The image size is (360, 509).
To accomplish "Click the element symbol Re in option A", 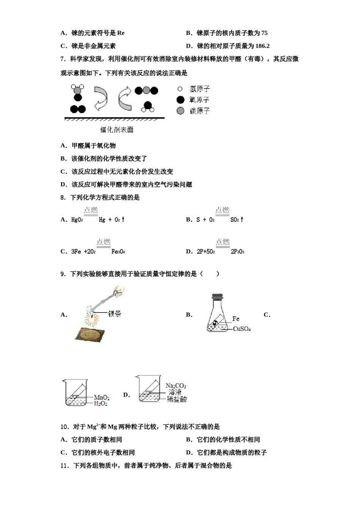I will (x=121, y=33).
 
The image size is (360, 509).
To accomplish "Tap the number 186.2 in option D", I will (x=262, y=46).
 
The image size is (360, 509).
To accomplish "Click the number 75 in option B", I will (x=264, y=33).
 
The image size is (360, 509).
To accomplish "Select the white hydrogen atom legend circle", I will (x=180, y=89).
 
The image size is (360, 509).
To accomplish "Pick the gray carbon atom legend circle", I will (x=180, y=111).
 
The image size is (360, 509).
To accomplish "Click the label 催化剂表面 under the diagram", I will (x=117, y=130).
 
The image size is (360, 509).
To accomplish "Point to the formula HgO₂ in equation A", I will (x=77, y=220).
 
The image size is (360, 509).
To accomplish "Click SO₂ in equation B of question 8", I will (x=235, y=220).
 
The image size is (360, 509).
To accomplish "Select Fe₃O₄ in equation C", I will (x=118, y=251).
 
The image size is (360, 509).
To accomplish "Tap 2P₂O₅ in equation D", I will (x=237, y=251).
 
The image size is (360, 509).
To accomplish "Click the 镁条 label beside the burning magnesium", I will (x=114, y=314).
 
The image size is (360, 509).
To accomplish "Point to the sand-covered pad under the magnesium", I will (x=89, y=334).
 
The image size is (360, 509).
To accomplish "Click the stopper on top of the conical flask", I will (x=217, y=296).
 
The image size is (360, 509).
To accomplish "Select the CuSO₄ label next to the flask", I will (x=242, y=329).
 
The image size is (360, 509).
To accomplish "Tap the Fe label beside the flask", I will (x=236, y=319).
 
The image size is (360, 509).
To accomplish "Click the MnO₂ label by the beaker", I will (x=102, y=397).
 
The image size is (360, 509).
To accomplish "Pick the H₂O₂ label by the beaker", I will (x=101, y=404).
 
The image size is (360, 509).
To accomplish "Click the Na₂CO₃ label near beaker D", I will (x=176, y=386).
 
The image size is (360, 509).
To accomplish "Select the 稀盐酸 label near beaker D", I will (x=177, y=399).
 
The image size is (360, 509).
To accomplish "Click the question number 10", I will (x=64, y=427).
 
